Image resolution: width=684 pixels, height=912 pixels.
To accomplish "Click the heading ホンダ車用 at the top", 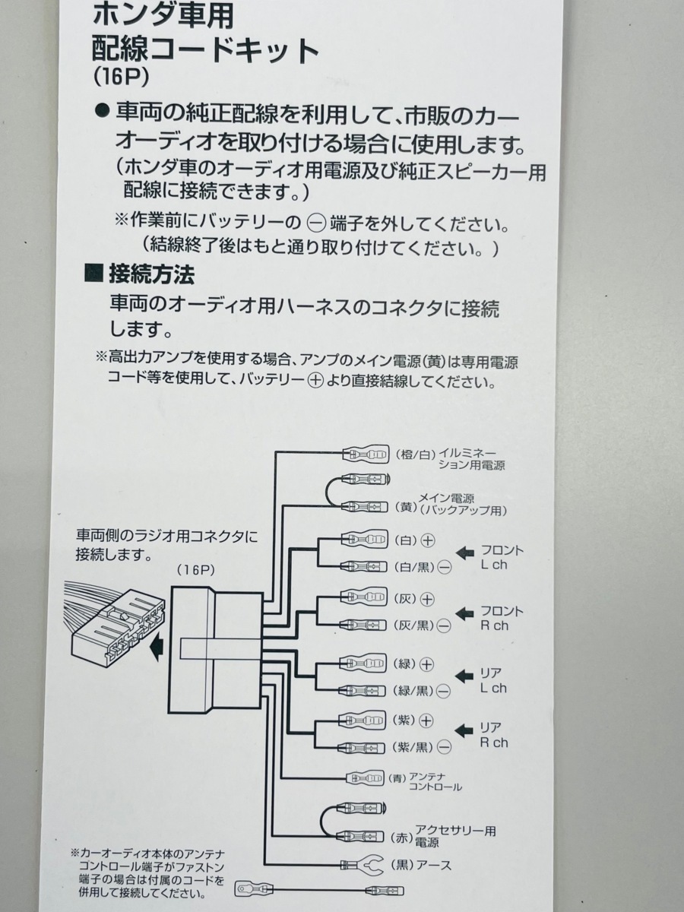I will [163, 14].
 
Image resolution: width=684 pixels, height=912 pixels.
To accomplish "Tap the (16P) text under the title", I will [119, 78].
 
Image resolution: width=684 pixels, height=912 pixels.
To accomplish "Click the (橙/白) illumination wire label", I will [416, 454].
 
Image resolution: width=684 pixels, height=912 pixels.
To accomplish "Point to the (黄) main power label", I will [407, 505].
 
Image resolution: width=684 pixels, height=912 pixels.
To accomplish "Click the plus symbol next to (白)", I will [428, 540].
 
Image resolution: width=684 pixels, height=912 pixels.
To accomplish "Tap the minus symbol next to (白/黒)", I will [445, 567].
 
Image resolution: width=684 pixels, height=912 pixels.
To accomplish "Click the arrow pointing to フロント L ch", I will [464, 552].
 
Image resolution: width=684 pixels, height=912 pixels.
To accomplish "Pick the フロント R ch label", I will [502, 618].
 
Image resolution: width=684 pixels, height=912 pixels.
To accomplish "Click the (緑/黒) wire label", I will [414, 690].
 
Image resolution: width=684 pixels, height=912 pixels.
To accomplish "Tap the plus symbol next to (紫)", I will [426, 720].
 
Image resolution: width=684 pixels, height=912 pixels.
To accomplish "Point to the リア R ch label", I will [494, 735].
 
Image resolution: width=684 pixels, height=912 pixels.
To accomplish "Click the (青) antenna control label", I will [399, 777].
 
